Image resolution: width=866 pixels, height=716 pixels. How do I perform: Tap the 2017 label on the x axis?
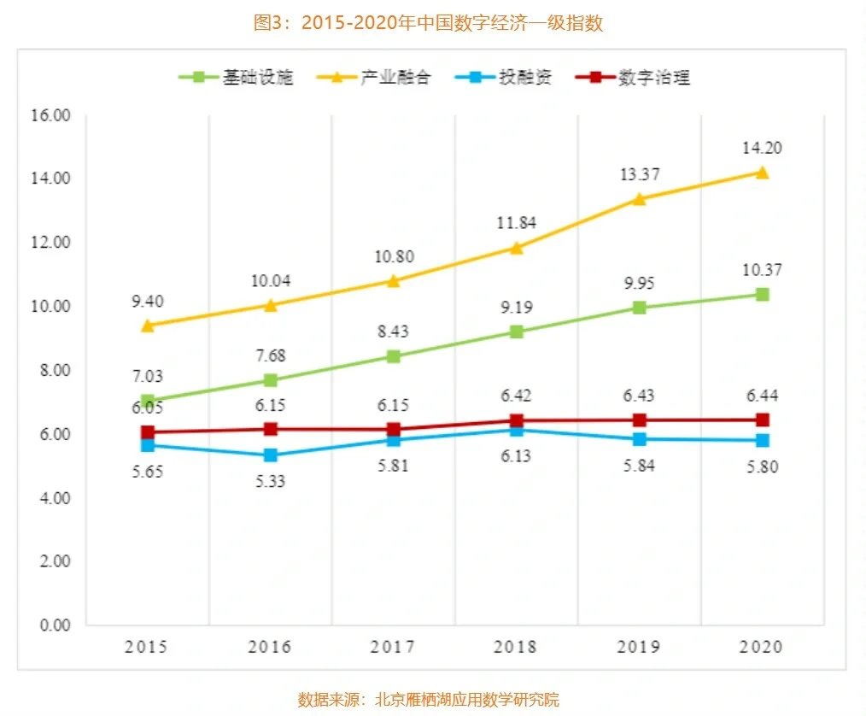[394, 647]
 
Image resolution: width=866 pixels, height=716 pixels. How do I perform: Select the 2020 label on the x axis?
[763, 647]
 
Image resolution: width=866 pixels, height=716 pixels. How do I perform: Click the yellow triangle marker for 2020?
[763, 173]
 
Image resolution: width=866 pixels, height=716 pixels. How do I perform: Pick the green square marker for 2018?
[517, 332]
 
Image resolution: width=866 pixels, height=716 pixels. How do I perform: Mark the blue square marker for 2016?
[271, 455]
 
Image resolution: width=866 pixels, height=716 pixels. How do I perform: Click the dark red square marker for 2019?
[640, 420]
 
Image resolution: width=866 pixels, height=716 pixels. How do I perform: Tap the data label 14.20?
[763, 148]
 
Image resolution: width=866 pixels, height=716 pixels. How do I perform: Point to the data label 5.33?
[271, 481]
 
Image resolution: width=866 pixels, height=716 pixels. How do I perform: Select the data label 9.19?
[517, 306]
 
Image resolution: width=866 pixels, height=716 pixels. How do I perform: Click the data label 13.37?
[640, 174]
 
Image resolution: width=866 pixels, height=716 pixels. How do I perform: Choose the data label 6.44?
[763, 396]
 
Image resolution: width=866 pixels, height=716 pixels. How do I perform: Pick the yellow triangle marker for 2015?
[148, 326]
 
